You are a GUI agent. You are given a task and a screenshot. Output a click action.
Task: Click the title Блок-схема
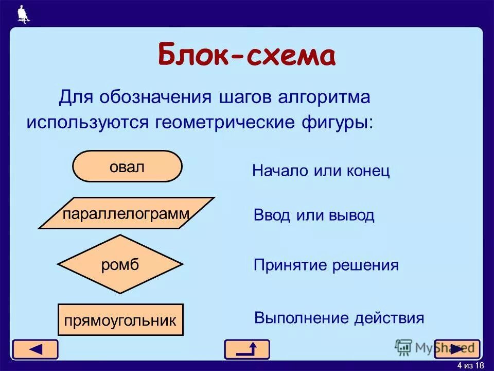[x=246, y=56]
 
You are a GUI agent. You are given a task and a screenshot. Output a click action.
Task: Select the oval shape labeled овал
[x=127, y=166]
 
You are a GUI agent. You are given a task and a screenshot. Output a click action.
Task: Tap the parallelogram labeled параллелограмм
[x=126, y=213]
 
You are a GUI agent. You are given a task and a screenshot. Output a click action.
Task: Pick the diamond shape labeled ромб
[x=120, y=264]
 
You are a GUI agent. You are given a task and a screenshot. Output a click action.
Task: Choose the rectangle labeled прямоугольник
[x=120, y=320]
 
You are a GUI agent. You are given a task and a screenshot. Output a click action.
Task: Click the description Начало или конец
[x=321, y=171]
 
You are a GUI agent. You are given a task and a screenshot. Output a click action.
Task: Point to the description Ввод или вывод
[x=314, y=215]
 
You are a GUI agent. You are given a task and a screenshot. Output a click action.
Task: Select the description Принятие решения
[x=326, y=265]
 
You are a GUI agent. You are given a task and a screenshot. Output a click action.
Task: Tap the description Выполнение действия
[x=339, y=318]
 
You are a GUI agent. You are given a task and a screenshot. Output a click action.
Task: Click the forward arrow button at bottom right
[x=457, y=349]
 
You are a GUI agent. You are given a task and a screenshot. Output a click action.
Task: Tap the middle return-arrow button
[x=246, y=349]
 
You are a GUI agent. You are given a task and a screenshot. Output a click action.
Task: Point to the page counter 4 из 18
[x=470, y=365]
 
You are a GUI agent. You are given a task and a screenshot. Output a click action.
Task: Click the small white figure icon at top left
[x=23, y=14]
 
